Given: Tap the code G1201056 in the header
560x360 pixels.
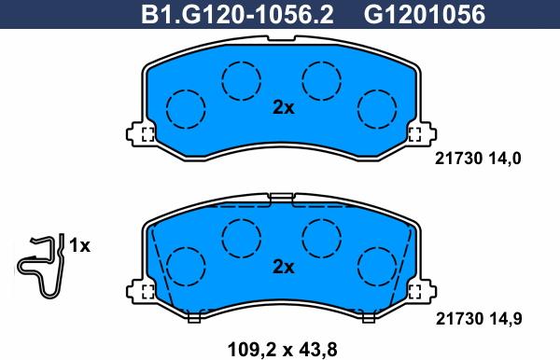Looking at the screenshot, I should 410,15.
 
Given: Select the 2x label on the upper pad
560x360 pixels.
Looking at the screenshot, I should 283,108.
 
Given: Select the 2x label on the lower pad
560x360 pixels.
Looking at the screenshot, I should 283,267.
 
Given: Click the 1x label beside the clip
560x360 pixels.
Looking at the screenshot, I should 80,246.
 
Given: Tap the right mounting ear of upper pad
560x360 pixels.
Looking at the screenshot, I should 419,133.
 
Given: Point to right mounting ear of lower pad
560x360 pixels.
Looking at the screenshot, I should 419,292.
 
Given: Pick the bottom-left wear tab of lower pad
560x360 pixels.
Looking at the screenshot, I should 194,317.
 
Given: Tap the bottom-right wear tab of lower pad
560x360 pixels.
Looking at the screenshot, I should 369,317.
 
